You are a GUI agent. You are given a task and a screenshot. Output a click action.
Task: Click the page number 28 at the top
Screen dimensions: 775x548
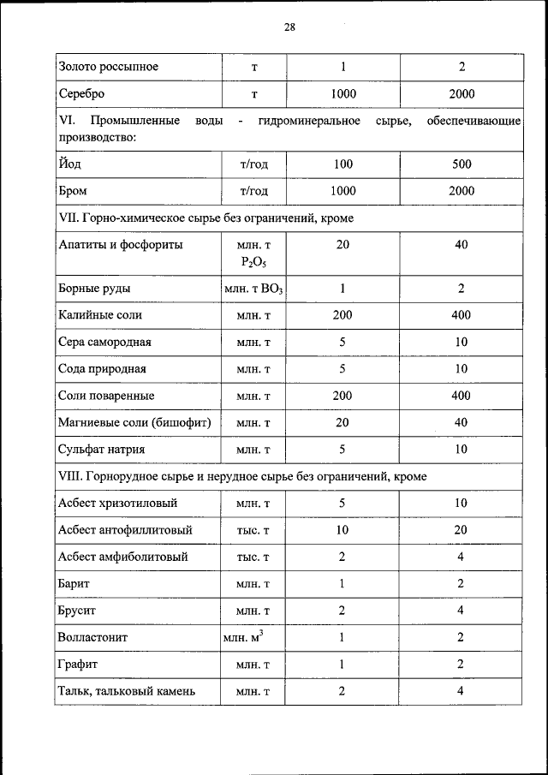[x=289, y=27]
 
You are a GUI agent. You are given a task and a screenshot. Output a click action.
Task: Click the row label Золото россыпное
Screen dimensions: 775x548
[x=108, y=66]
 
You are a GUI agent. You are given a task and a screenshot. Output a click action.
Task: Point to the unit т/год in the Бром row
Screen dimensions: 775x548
[x=253, y=191]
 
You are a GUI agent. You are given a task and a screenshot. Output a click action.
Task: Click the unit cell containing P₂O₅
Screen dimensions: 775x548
[x=253, y=253]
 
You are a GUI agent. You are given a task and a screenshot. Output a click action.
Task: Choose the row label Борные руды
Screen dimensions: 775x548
[x=94, y=289]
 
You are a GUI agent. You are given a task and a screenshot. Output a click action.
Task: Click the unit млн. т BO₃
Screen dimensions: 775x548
[x=253, y=289]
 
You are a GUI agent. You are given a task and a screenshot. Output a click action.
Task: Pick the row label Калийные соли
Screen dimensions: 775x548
[x=100, y=315]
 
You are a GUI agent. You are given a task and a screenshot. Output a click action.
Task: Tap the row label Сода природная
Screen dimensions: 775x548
[x=102, y=369]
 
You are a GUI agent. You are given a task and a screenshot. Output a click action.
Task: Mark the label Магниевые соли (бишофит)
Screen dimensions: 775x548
[x=134, y=422]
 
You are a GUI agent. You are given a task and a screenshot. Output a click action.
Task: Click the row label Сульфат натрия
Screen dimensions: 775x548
[x=101, y=449]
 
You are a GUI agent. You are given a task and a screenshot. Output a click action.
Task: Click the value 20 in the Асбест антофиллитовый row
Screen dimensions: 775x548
[x=461, y=530]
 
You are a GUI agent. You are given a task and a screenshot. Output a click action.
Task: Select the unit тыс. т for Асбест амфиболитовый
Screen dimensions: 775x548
[x=253, y=557]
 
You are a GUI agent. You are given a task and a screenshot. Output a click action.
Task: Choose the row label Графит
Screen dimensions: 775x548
[x=78, y=664]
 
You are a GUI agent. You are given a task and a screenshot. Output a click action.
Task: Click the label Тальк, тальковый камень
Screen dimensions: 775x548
[x=128, y=691]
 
